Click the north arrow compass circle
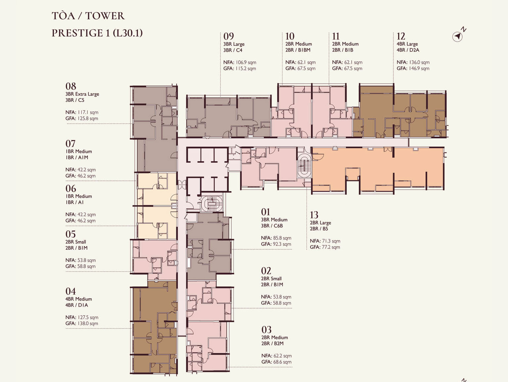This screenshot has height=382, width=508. [x=457, y=37]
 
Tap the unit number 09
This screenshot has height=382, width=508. [x=229, y=36]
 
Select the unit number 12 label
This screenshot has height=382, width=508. [x=401, y=36]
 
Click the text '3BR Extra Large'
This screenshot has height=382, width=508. [x=82, y=94]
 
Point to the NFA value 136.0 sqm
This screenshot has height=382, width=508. [x=418, y=62]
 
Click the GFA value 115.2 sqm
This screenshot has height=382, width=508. [x=246, y=69]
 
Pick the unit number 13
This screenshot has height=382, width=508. [x=314, y=215]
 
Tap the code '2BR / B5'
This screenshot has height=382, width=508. [x=319, y=229]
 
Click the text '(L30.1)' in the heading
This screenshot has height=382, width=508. [x=128, y=33]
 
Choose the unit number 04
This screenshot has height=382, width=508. [x=70, y=291]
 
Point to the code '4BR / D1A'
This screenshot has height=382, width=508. [x=77, y=305]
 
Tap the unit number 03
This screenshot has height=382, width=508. [x=266, y=330]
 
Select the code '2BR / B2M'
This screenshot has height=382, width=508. [x=273, y=343]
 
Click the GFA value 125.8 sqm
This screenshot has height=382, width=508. [x=88, y=118]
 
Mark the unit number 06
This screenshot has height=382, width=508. [x=70, y=189]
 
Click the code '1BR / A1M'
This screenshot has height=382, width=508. [x=77, y=158]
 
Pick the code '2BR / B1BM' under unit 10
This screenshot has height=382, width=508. [x=298, y=50]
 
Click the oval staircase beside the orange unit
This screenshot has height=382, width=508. [x=303, y=166]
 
